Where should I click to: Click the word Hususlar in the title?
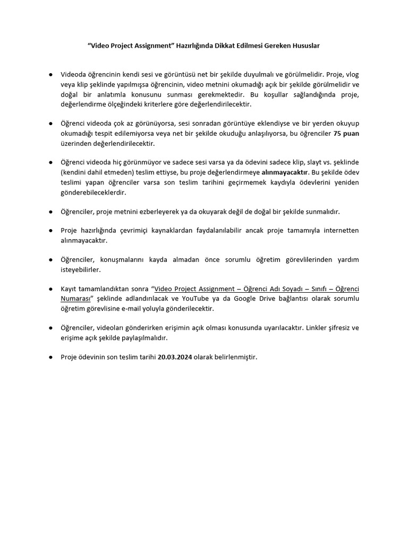(305, 46)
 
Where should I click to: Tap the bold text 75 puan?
(346, 134)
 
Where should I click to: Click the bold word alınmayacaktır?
(285, 173)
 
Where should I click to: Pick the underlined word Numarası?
(76, 299)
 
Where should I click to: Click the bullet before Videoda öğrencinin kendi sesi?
(50, 74)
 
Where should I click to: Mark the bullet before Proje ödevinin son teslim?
(50, 357)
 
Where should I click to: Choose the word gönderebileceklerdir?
(93, 192)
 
